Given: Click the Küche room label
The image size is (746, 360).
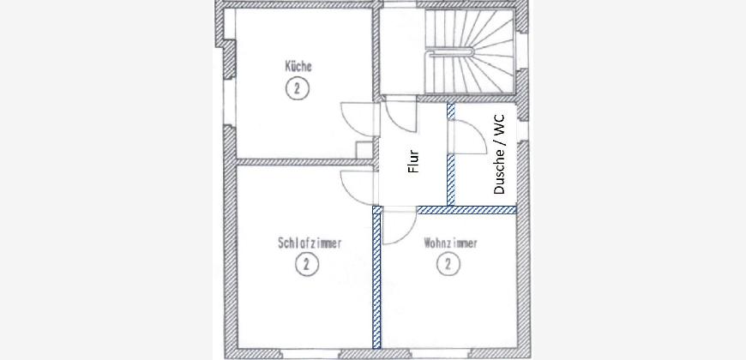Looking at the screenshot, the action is (298, 66).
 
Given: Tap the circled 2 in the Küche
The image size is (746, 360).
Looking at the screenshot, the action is (298, 88).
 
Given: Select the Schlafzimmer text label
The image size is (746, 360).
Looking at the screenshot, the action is (310, 243).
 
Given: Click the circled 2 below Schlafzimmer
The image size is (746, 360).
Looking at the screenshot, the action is (307, 264).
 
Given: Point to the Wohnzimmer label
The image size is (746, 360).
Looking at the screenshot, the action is (450, 243).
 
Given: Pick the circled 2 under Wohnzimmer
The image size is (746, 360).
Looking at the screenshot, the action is (448, 264).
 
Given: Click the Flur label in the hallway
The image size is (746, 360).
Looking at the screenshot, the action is (413, 161).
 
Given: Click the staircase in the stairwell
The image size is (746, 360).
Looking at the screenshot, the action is (470, 51).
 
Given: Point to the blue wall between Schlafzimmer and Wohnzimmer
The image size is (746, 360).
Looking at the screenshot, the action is (376, 278).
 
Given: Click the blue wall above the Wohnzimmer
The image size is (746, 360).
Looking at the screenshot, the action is (466, 210).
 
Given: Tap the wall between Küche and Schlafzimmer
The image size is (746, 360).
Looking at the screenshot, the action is (304, 162).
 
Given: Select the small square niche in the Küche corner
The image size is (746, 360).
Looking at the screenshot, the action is (364, 149).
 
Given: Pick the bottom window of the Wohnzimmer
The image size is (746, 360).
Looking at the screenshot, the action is (440, 354).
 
